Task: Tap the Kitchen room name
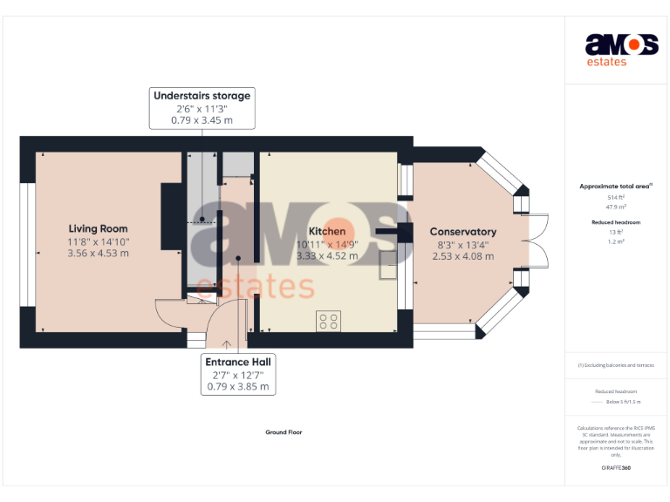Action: pos(326,231)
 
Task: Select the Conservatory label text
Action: pos(462,232)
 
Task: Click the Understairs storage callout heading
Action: pos(202,96)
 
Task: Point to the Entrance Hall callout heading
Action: pos(238,362)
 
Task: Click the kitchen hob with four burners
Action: pos(329,321)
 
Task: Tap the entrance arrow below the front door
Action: pos(226,343)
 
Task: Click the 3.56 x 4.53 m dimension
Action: pos(98,254)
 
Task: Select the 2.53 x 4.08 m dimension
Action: pos(462,256)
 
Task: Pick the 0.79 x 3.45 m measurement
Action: pos(202,121)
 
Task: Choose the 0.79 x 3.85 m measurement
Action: pos(238,387)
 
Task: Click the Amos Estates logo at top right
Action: pos(621,49)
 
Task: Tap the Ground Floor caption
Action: pos(284,432)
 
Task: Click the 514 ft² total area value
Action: pos(616,198)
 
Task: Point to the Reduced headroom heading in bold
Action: pos(616,222)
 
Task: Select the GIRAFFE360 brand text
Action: pos(616,469)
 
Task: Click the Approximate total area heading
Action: pos(616,187)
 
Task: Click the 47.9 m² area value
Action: pos(616,207)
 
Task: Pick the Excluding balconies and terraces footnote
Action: pos(616,365)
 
